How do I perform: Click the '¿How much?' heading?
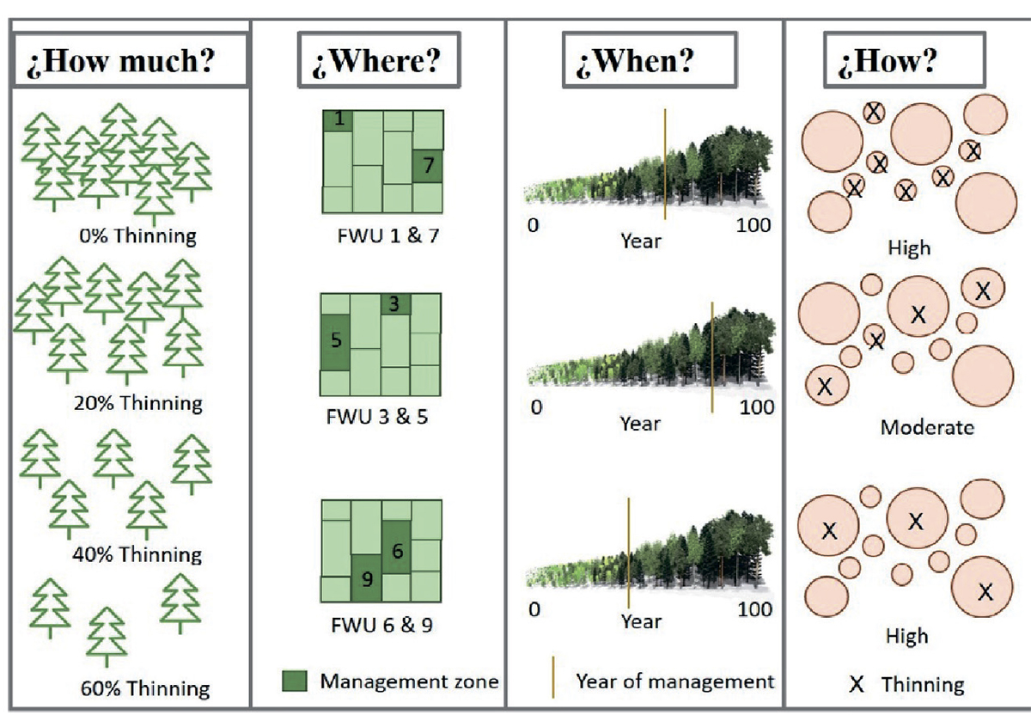tap(121, 60)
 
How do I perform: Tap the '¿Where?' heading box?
tap(379, 60)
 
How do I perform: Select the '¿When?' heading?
tap(635, 61)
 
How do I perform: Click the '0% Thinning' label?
tap(137, 235)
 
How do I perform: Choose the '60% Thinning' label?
tap(145, 688)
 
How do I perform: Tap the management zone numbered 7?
tap(428, 166)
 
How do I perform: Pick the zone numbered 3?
tap(395, 304)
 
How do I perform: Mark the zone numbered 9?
tap(366, 578)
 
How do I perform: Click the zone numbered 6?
tap(396, 547)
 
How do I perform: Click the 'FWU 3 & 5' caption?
tap(377, 417)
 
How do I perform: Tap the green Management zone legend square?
tap(295, 681)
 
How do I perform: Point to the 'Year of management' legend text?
tap(675, 681)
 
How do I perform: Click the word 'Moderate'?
tap(927, 428)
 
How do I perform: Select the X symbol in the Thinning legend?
tap(856, 684)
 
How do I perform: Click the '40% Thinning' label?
tap(137, 554)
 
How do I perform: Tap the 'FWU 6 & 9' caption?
tap(382, 625)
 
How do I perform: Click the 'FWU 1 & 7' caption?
tap(388, 235)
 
